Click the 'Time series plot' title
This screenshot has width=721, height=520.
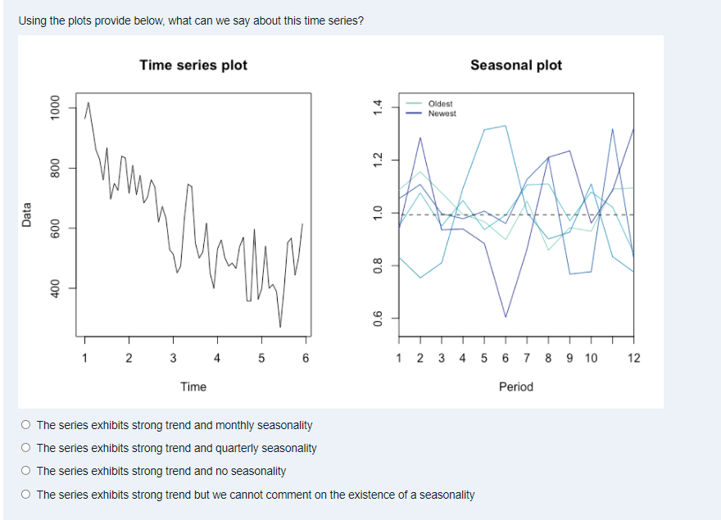click(193, 65)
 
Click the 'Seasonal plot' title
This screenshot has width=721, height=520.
click(516, 65)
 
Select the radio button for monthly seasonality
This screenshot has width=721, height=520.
click(27, 425)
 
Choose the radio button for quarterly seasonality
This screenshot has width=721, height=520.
click(27, 448)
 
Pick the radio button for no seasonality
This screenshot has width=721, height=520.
click(27, 471)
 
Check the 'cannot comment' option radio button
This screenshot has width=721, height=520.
click(27, 495)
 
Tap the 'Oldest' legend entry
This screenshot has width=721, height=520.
click(440, 104)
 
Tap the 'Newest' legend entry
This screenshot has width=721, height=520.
click(442, 114)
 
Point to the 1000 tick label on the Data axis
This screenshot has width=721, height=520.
click(55, 108)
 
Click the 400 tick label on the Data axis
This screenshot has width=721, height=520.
click(55, 288)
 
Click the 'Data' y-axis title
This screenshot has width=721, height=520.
click(27, 215)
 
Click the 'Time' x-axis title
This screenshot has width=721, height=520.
click(193, 387)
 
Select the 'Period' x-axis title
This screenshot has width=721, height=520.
click(516, 387)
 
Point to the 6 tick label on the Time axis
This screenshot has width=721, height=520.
click(306, 358)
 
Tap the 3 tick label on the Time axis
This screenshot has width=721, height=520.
click(173, 358)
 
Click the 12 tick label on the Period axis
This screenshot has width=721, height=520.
click(633, 358)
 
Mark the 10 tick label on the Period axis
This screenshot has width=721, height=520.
click(591, 358)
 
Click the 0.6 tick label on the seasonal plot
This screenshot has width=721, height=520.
click(378, 318)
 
